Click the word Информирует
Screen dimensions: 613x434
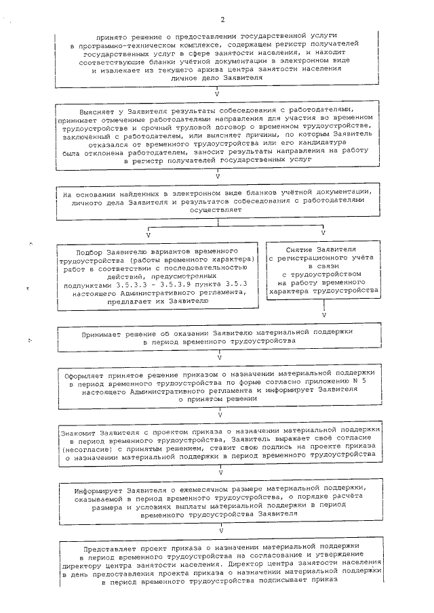[x=102, y=488]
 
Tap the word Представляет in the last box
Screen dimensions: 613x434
[x=109, y=545]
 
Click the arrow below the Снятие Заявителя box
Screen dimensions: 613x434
[x=323, y=314]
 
